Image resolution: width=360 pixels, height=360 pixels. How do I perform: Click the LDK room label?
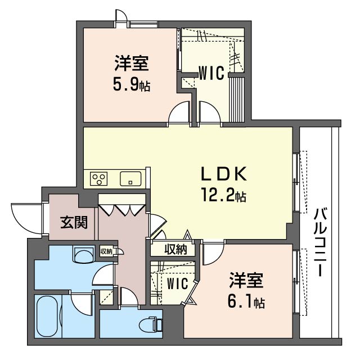coord(224,174)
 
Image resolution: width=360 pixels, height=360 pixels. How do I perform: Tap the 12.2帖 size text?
coord(224,195)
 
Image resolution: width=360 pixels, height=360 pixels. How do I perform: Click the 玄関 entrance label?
coord(74,222)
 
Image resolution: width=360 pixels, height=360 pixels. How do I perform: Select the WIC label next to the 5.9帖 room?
coord(211,73)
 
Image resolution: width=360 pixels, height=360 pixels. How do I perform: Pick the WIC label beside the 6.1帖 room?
coord(178,283)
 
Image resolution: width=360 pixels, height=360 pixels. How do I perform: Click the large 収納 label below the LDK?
coord(176,249)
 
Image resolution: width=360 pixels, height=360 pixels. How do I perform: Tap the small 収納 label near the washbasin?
coord(106,251)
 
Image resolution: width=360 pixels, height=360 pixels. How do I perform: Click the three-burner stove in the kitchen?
coord(99,179)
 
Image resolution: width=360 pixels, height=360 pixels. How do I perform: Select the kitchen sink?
coord(130,179)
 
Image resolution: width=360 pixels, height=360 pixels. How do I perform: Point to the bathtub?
coord(47,316)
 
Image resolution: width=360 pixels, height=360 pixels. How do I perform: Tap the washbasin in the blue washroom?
coord(84,254)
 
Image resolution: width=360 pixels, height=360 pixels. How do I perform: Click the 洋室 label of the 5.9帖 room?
coord(132,63)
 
